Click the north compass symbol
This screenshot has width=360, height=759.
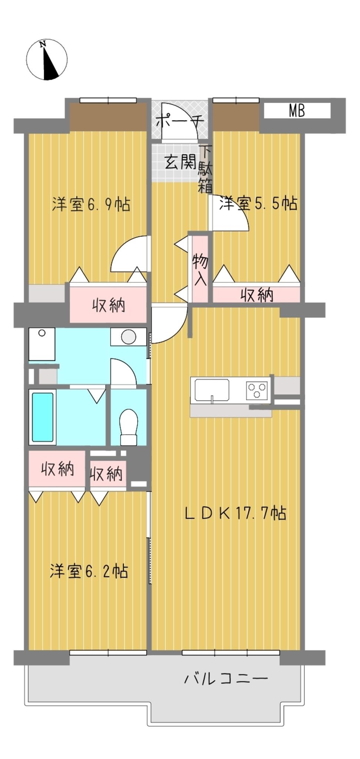pyautogui.click(x=47, y=59)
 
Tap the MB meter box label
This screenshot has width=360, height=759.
pyautogui.click(x=297, y=111)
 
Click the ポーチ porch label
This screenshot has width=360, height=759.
pyautogui.click(x=180, y=121)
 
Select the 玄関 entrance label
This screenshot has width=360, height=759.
pyautogui.click(x=180, y=162)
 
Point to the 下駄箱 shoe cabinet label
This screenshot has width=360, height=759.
pyautogui.click(x=205, y=169)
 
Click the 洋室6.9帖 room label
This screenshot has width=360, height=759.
pyautogui.click(x=91, y=204)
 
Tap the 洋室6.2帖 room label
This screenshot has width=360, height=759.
pyautogui.click(x=89, y=571)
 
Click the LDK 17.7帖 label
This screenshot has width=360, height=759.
pyautogui.click(x=235, y=513)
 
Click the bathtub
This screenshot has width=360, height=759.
pyautogui.click(x=43, y=417)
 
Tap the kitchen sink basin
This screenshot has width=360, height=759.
pyautogui.click(x=212, y=390)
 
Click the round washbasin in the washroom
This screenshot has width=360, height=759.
pyautogui.click(x=129, y=337)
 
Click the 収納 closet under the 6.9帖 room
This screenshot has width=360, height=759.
pyautogui.click(x=108, y=305)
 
